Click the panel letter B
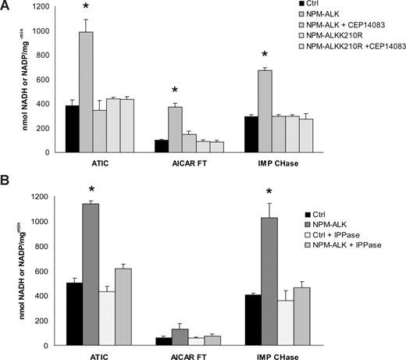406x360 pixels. (x=6, y=186)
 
